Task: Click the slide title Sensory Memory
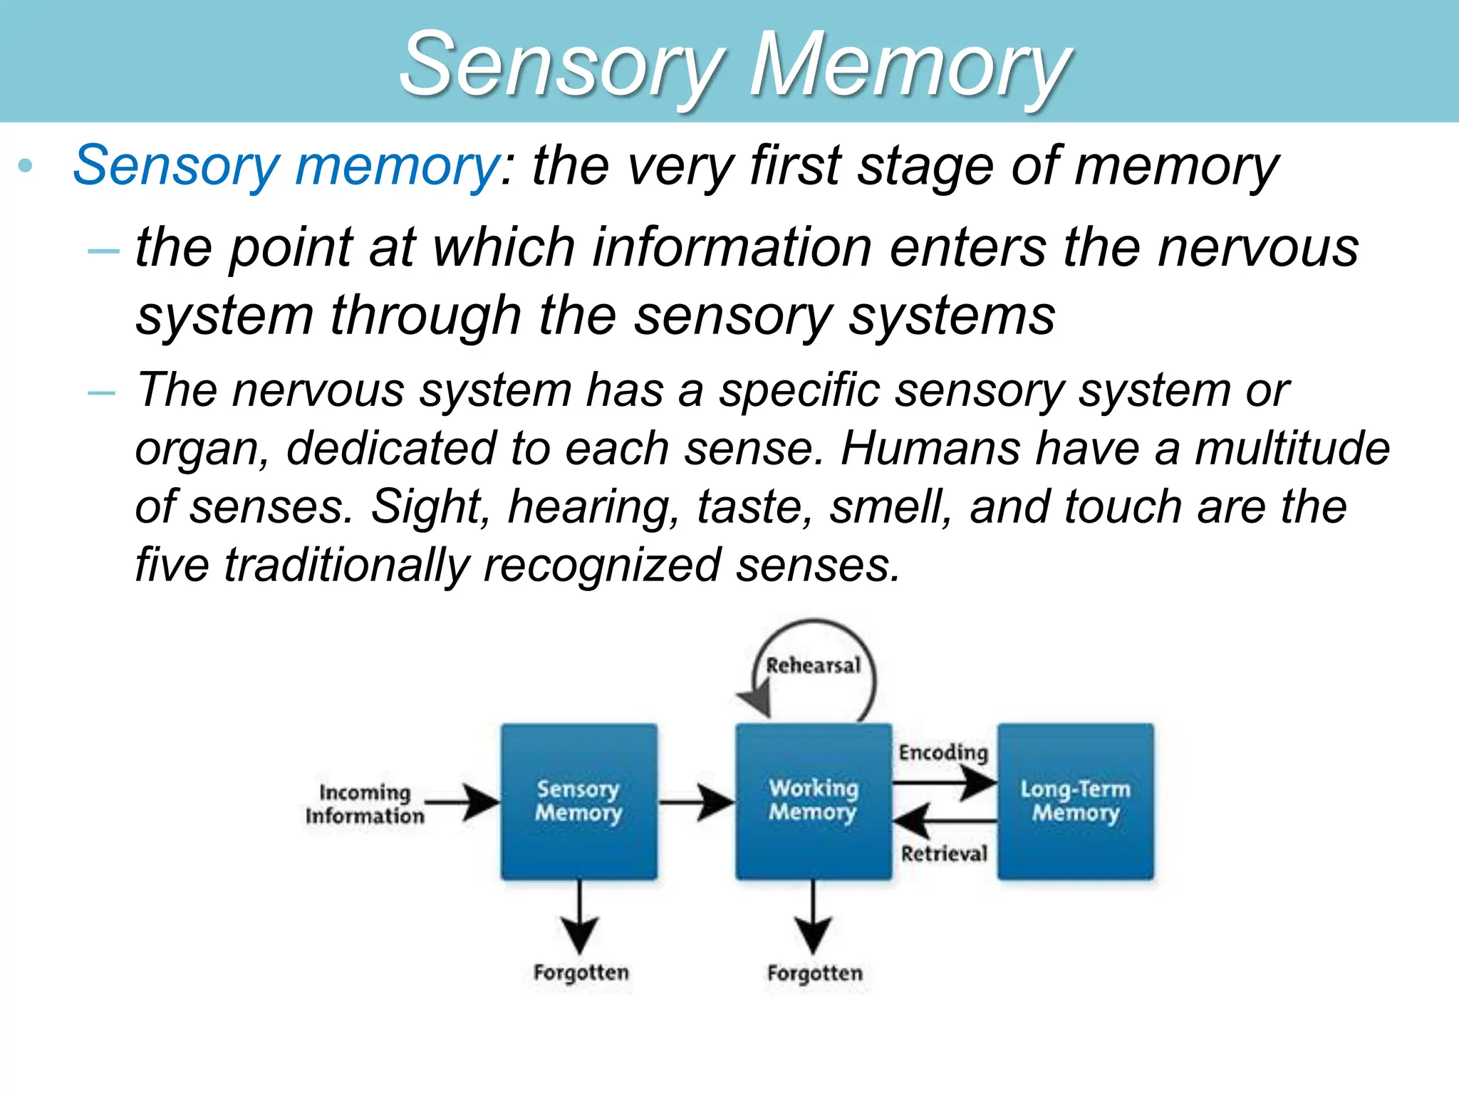click(734, 66)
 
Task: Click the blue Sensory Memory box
click(578, 801)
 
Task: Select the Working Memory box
click(813, 801)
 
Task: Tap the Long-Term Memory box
click(1075, 801)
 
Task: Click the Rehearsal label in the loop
click(813, 666)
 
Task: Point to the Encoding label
click(943, 753)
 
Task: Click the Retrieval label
click(944, 853)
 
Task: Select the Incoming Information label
click(365, 804)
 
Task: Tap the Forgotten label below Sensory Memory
click(581, 973)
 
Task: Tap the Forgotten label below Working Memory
click(814, 973)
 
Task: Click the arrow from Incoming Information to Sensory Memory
click(463, 803)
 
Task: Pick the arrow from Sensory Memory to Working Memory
click(696, 803)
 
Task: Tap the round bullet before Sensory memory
click(26, 167)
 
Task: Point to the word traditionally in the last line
click(347, 566)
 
